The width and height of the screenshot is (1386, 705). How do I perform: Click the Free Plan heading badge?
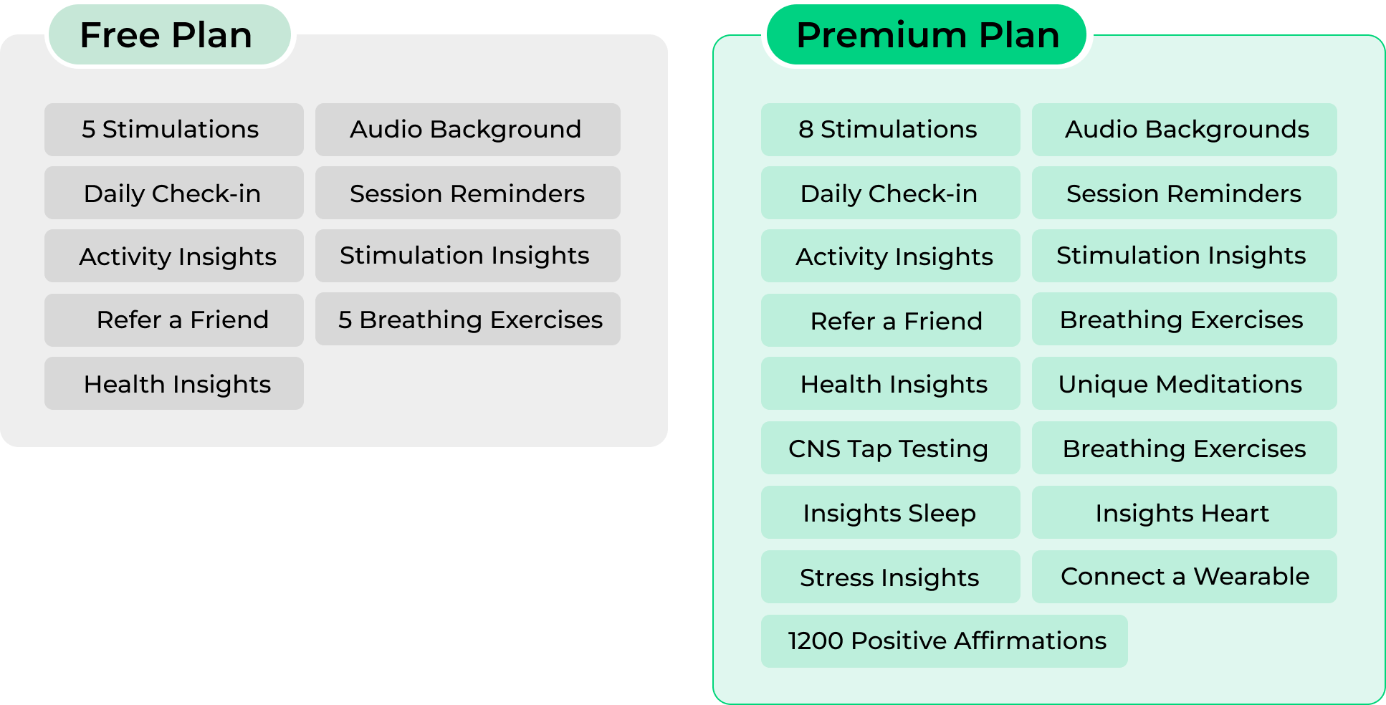pyautogui.click(x=170, y=35)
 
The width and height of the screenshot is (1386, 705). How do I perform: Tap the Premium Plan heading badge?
pyautogui.click(x=927, y=35)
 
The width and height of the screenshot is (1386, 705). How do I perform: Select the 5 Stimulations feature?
pyautogui.click(x=170, y=130)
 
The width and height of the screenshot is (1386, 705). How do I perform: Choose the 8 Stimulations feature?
pyautogui.click(x=887, y=130)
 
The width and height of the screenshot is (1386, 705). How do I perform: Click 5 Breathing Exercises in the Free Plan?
pyautogui.click(x=470, y=320)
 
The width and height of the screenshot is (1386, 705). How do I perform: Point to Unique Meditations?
pyautogui.click(x=1180, y=385)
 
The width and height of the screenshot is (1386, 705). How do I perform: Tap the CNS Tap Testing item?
pyautogui.click(x=888, y=449)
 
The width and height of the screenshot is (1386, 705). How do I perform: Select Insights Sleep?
pyautogui.click(x=889, y=514)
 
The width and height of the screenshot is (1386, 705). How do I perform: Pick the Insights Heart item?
pyautogui.click(x=1182, y=514)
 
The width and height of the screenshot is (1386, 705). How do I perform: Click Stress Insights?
pyautogui.click(x=889, y=577)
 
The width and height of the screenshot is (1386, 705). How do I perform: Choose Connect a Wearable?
pyautogui.click(x=1185, y=577)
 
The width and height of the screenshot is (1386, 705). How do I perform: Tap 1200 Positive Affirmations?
pyautogui.click(x=947, y=641)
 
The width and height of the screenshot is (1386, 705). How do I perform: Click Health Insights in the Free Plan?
pyautogui.click(x=177, y=385)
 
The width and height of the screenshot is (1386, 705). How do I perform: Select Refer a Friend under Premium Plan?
pyautogui.click(x=896, y=322)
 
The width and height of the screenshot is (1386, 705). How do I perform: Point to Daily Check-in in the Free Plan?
pyautogui.click(x=172, y=194)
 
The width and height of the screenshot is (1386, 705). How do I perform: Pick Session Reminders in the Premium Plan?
pyautogui.click(x=1183, y=194)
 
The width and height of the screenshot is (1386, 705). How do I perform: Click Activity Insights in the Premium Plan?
pyautogui.click(x=894, y=257)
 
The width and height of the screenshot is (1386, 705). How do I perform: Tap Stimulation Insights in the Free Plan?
pyautogui.click(x=464, y=256)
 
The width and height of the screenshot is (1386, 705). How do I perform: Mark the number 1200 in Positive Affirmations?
pyautogui.click(x=816, y=641)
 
